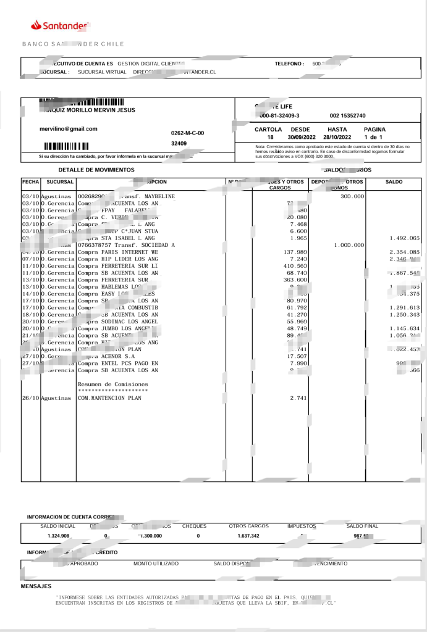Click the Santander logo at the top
61,25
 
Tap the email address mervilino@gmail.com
68,129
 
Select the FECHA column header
30,182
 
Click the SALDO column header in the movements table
394,182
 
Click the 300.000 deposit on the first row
352,196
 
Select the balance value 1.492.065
405,238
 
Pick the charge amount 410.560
295,266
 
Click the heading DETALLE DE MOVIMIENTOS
96,170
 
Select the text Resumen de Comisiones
112,384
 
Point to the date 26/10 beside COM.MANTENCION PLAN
30,398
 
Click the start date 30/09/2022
301,137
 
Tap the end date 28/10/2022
337,137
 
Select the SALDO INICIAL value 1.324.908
58,536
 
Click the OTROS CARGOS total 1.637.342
248,536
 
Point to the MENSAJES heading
36,586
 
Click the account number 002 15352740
347,116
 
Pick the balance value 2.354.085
405,252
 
